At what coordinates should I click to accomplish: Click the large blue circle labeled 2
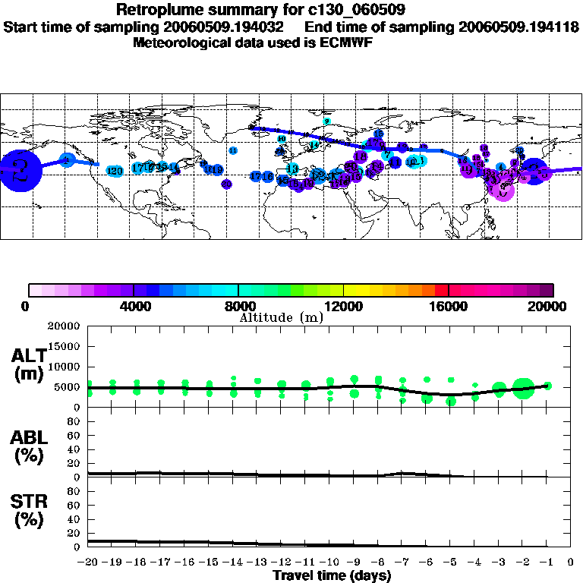(17, 171)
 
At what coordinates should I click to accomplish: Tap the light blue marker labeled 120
(115, 171)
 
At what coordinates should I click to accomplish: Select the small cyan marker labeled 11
(233, 150)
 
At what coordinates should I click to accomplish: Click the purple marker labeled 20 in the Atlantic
(226, 184)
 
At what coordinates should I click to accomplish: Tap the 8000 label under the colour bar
(238, 307)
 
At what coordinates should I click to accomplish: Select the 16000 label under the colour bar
(449, 307)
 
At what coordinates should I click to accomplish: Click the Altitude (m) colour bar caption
(282, 317)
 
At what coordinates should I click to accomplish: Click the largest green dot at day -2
(523, 388)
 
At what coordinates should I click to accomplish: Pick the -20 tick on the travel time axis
(88, 563)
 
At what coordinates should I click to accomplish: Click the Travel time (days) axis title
(332, 575)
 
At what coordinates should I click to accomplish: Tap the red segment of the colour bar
(441, 290)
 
